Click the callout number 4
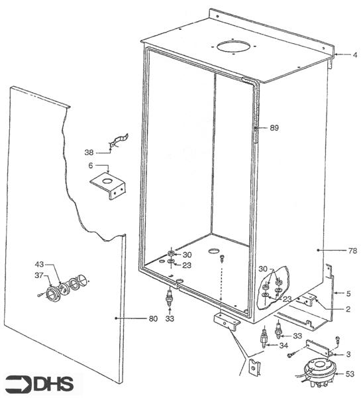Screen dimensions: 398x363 click(355, 54)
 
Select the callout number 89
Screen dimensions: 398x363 click(275, 128)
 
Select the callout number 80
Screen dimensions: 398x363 click(152, 319)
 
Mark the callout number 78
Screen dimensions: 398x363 click(352, 251)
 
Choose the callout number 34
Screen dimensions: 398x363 click(283, 346)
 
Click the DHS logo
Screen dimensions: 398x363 click(41, 383)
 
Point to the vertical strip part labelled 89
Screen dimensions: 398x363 click(255, 126)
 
